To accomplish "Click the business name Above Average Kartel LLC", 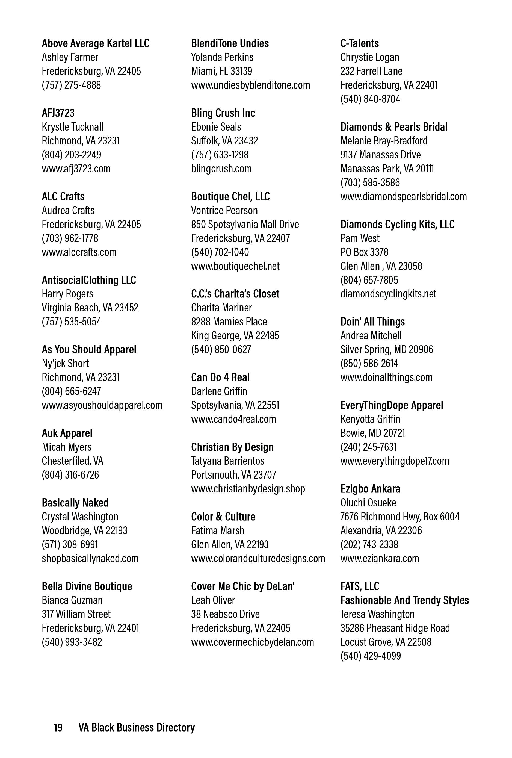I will coord(95,43).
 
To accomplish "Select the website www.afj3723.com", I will coord(76,169).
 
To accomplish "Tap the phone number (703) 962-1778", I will coord(70,238).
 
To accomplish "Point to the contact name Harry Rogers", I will coord(67,294).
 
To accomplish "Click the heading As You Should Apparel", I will coord(89,350).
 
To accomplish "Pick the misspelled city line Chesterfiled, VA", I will coord(72,461).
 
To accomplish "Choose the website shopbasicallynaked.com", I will coord(90,558).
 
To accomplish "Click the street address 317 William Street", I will coord(76,614).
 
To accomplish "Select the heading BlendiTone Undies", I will coord(230,43).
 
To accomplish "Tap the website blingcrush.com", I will coord(221,169).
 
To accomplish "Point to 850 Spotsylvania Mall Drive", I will coord(245,225).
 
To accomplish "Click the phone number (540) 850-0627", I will coord(221,350).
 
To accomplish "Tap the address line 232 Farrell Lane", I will coord(371,71).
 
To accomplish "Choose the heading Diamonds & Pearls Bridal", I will coord(393,127).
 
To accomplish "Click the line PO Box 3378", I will coord(364,252).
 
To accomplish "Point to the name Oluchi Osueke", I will coord(368,503).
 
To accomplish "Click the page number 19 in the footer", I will coord(58,728).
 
